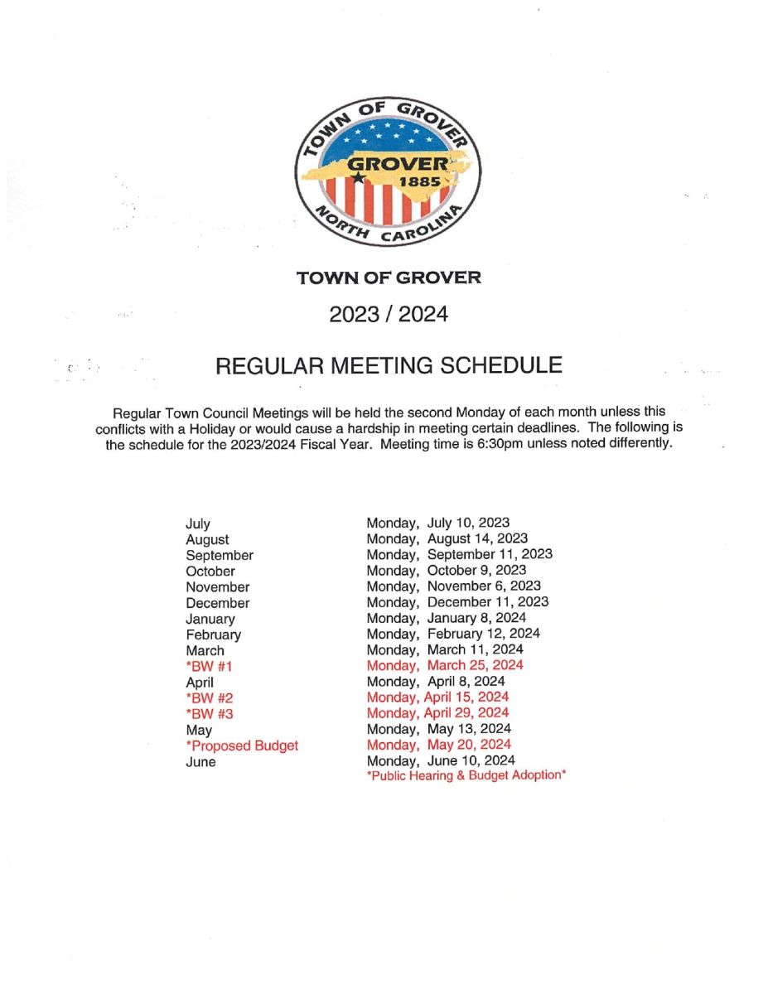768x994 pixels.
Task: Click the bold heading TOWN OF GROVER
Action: tap(389, 277)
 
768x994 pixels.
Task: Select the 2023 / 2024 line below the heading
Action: tap(389, 315)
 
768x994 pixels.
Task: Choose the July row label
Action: tap(198, 524)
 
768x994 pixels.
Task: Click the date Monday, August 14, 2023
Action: tap(447, 538)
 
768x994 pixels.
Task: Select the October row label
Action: tap(210, 571)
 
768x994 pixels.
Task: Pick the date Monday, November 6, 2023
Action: tap(453, 586)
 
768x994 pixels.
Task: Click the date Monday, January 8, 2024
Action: tap(446, 618)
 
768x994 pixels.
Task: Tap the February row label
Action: tap(214, 635)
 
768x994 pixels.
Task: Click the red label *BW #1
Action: tap(204, 666)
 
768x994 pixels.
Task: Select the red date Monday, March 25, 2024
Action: tap(445, 665)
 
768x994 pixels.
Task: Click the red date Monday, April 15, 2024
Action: tap(437, 697)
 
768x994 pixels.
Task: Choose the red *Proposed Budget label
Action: tap(242, 745)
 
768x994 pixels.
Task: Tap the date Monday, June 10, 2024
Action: tap(441, 760)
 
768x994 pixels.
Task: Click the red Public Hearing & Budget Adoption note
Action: tap(466, 776)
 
